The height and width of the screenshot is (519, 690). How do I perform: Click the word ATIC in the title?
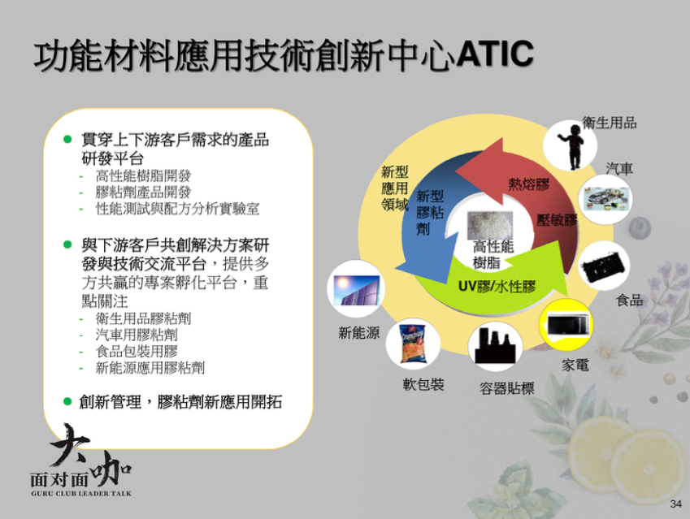(496, 54)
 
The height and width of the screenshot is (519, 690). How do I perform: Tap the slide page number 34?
(675, 504)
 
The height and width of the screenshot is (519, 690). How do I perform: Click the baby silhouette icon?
(571, 146)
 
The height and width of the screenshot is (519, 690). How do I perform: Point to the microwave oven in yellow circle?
(566, 325)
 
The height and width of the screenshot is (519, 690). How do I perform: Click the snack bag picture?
(413, 344)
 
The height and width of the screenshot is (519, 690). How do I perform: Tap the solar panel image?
(356, 290)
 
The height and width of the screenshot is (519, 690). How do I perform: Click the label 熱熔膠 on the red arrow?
(528, 184)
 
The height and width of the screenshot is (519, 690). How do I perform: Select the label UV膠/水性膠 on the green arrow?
(497, 287)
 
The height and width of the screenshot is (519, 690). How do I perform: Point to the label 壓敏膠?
(557, 219)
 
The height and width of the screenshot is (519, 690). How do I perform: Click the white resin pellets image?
(490, 225)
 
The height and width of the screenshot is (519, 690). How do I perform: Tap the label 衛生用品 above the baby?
(610, 123)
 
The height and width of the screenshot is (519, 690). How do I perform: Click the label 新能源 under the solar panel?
(359, 332)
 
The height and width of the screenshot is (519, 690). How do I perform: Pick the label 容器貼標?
(506, 388)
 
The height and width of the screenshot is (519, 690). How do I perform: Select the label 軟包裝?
(423, 384)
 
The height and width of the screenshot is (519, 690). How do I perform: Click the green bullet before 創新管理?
(67, 401)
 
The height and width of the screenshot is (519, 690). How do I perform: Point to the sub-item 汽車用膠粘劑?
(137, 335)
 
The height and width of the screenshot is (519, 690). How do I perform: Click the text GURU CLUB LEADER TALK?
(81, 494)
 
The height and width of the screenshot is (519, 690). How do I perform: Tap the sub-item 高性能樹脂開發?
(143, 176)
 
